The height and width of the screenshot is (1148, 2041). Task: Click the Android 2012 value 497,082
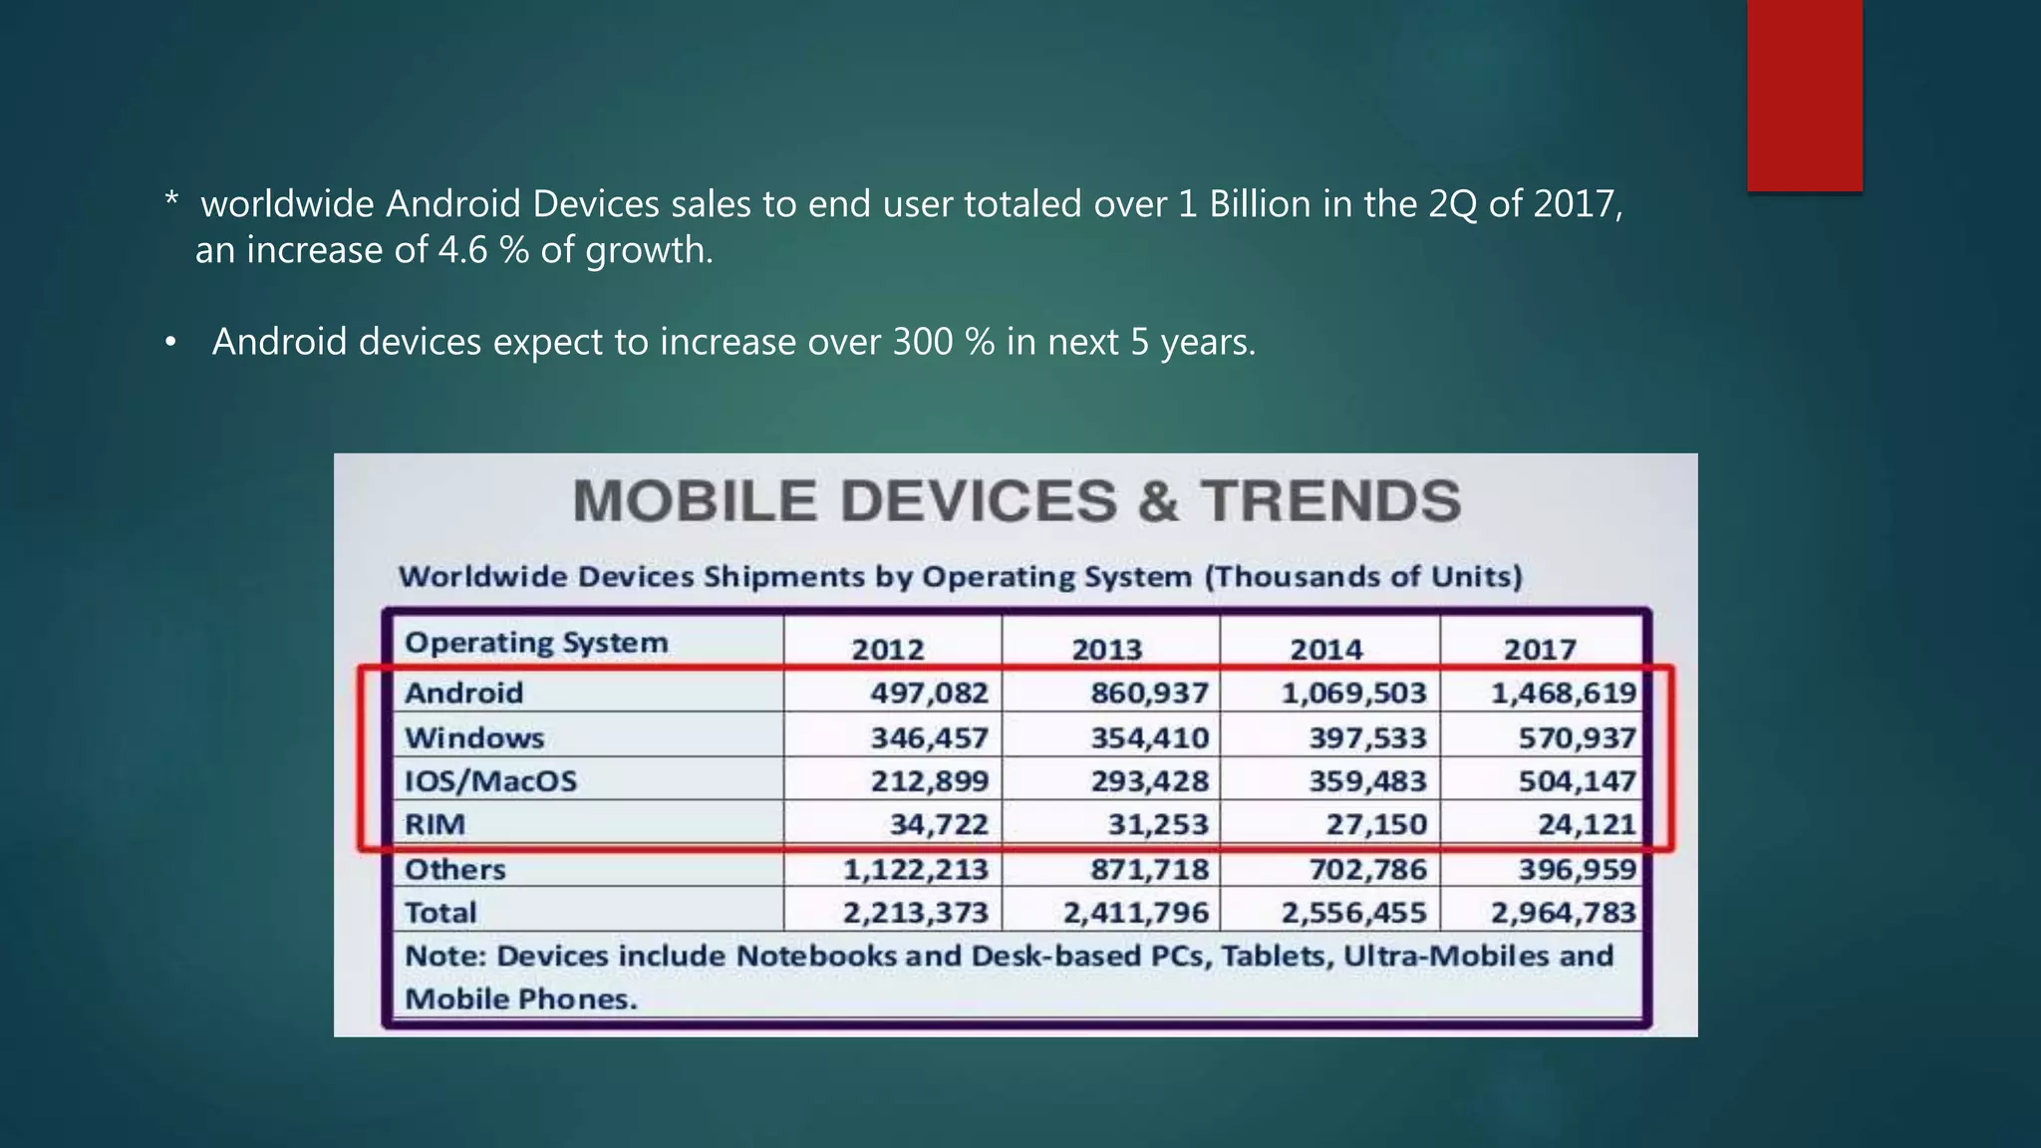pyautogui.click(x=929, y=693)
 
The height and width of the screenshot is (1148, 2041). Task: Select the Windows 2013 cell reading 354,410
pyautogui.click(x=1149, y=738)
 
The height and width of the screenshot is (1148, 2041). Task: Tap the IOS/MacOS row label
pyautogui.click(x=490, y=780)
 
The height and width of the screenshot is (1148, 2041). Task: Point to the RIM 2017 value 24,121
pyautogui.click(x=1578, y=824)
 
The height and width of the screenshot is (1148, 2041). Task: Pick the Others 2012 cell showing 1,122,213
pyautogui.click(x=916, y=869)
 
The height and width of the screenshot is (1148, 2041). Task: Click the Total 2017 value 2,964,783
pyautogui.click(x=1564, y=912)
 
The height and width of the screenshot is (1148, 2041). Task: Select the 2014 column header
pyautogui.click(x=1326, y=649)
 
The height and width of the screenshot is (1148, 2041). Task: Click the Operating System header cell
pyautogui.click(x=536, y=643)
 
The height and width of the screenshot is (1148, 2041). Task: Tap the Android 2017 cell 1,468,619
pyautogui.click(x=1564, y=693)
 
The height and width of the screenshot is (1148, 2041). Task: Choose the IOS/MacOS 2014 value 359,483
pyautogui.click(x=1368, y=780)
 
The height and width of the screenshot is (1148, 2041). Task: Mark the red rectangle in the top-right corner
pyautogui.click(x=1804, y=95)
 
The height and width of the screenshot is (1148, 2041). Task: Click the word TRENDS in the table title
pyautogui.click(x=1330, y=500)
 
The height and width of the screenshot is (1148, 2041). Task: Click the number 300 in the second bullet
pyautogui.click(x=923, y=342)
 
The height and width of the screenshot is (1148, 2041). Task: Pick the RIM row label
pyautogui.click(x=435, y=824)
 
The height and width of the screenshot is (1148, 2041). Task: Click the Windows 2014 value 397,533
pyautogui.click(x=1368, y=738)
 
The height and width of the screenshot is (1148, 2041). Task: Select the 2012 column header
pyautogui.click(x=888, y=649)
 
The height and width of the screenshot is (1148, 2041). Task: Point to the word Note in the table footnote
pyautogui.click(x=443, y=956)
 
